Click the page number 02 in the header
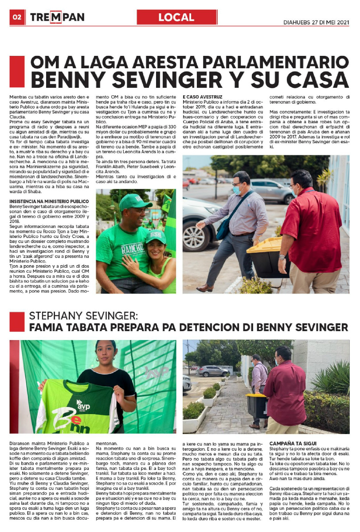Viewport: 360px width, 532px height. click(17, 17)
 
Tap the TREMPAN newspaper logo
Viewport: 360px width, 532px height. click(57, 18)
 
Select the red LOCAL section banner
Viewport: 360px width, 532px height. click(177, 17)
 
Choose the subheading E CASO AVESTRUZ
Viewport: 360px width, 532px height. click(203, 97)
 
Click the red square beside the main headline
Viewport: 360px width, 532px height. click(17, 71)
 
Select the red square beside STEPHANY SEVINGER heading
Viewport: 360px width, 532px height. click(17, 321)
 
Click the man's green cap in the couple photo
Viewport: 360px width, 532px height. click(134, 202)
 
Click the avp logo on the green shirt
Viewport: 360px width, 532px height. click(83, 404)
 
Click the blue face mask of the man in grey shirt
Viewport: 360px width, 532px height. click(237, 189)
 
